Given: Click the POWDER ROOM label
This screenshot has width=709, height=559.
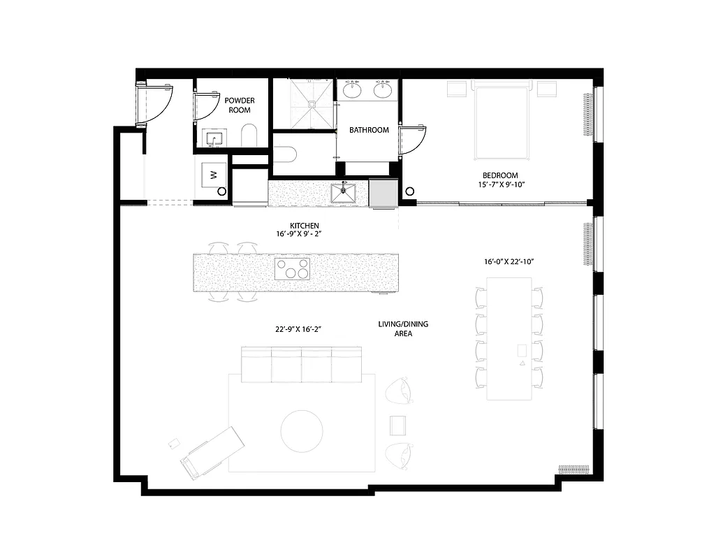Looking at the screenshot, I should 240,105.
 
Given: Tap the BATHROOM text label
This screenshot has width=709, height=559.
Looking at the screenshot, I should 369,130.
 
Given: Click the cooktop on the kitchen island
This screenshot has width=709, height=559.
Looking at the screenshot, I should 293,268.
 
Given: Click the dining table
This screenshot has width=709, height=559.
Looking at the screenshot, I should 509,339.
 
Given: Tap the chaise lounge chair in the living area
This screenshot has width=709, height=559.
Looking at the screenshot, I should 212,452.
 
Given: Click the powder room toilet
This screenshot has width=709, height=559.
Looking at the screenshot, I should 249,136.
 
